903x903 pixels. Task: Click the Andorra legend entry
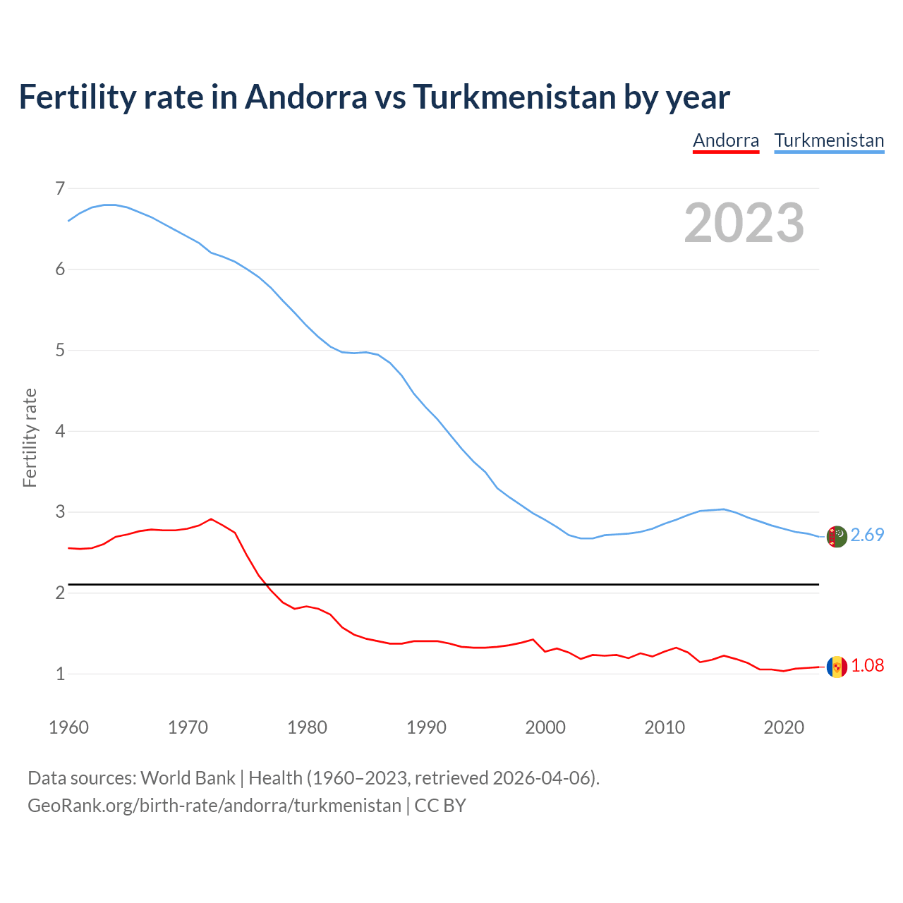point(726,140)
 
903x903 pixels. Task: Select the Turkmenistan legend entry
point(829,140)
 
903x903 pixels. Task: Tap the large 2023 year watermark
point(744,223)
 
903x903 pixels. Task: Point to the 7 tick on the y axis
point(60,188)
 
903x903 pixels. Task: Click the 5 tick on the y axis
point(60,350)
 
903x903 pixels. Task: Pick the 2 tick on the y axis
point(60,593)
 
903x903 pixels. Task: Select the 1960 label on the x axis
point(68,727)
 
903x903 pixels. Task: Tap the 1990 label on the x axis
point(426,727)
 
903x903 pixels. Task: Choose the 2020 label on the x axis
point(784,727)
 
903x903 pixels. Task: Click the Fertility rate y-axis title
point(30,437)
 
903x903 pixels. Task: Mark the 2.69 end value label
point(867,535)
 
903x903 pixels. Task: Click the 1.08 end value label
point(867,666)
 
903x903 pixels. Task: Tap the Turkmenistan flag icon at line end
point(837,536)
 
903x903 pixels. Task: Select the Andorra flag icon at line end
point(837,667)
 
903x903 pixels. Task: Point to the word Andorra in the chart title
point(306,97)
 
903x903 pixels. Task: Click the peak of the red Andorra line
point(211,519)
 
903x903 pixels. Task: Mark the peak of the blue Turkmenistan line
point(109,205)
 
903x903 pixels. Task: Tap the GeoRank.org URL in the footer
point(214,806)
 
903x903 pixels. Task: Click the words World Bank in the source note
point(188,778)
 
